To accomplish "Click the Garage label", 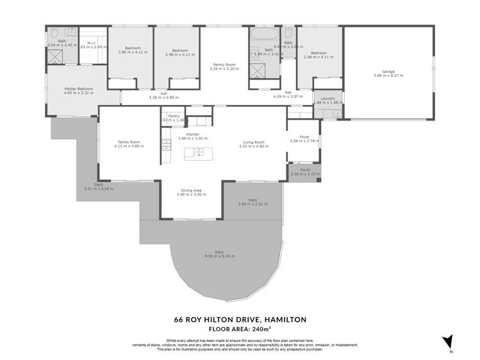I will coord(388,71).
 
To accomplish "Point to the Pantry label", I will coord(174,116).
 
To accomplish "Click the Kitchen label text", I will coord(193,134).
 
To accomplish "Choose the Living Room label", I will coord(254,142).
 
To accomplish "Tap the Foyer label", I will coord(304,136).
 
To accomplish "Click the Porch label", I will coord(304,170).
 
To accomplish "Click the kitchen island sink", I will coord(199,152).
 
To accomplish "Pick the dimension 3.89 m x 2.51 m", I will coord(252,204).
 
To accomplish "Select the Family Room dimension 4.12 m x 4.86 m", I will coord(129,146).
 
